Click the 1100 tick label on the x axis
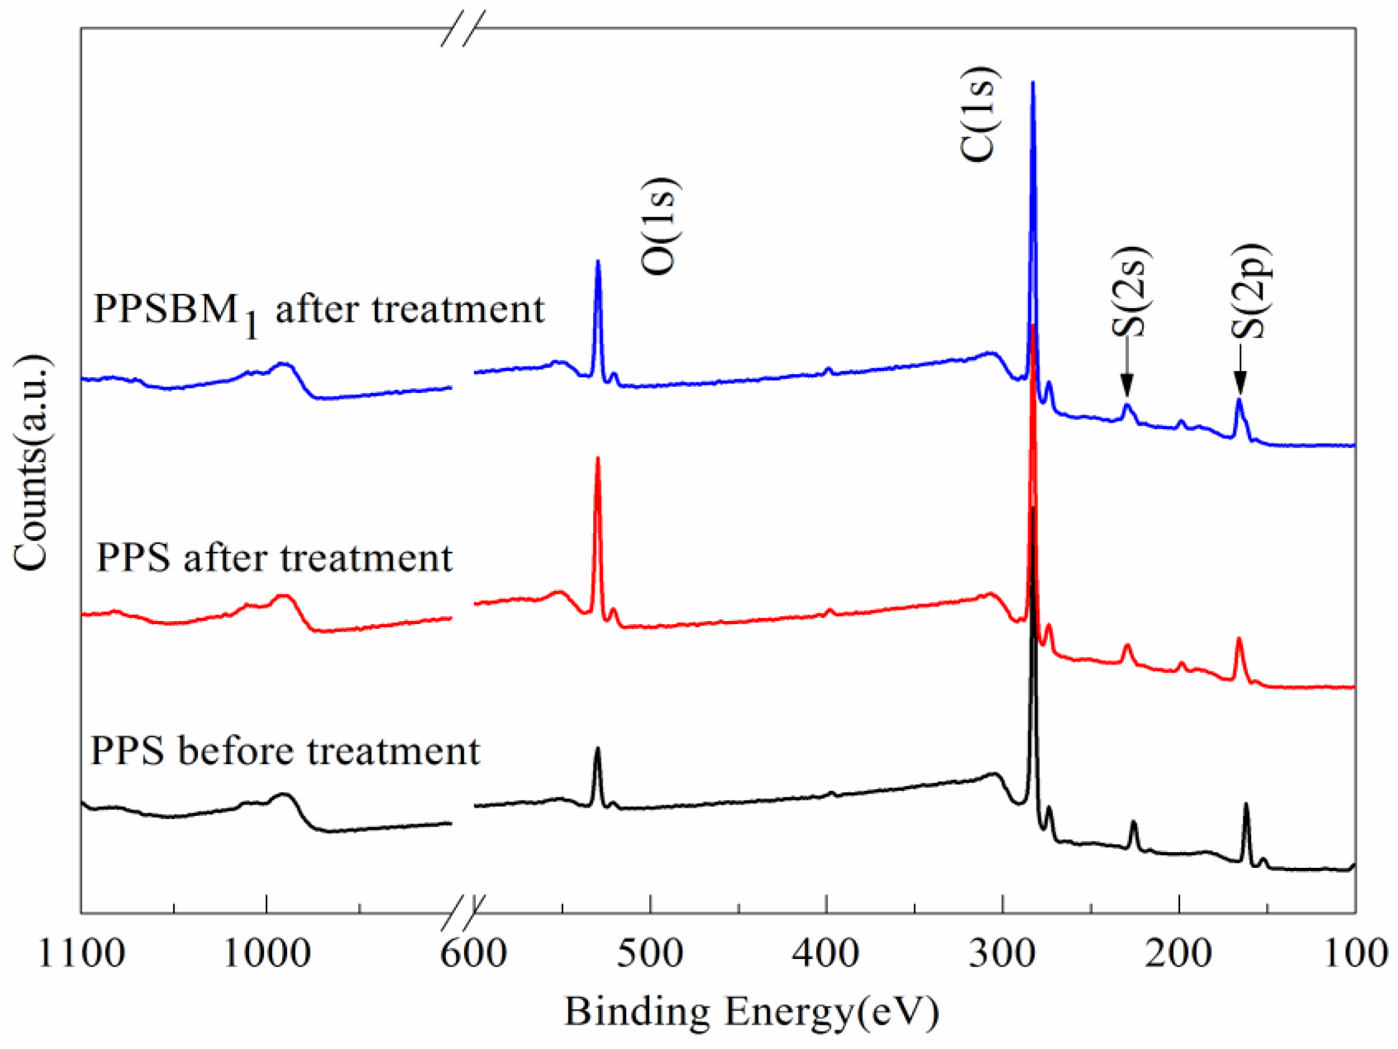tap(82, 953)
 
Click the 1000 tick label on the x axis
tap(267, 953)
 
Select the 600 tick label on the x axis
tap(473, 953)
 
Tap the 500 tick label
tap(650, 953)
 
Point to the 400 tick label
tap(826, 953)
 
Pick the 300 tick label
tap(1002, 953)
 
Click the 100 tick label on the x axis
tap(1355, 953)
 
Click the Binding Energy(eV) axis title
tap(752, 1012)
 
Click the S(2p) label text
tap(1250, 291)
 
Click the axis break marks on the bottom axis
tap(463, 912)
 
